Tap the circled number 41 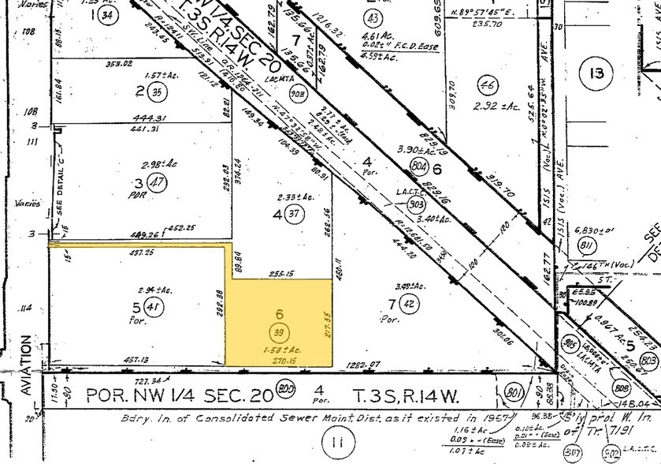click(155, 310)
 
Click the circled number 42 click(408, 299)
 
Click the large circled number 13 click(596, 74)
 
